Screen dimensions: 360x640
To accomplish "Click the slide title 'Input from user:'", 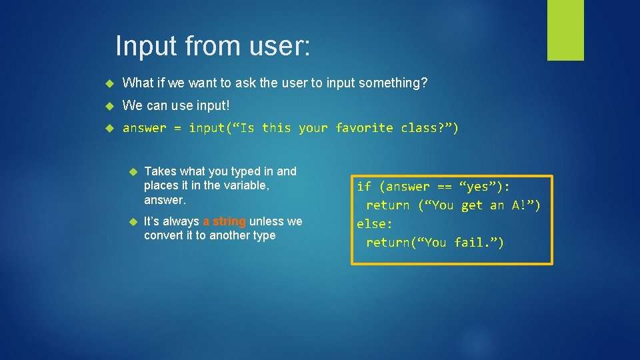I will pyautogui.click(x=213, y=46).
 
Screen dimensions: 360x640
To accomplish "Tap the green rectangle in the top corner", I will pyautogui.click(x=565, y=30).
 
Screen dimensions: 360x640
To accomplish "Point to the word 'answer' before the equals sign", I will pyautogui.click(x=144, y=127).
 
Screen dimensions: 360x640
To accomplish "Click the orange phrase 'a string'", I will pyautogui.click(x=224, y=221).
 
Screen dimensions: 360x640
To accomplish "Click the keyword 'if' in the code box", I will pyautogui.click(x=364, y=186).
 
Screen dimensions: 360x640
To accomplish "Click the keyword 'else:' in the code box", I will pyautogui.click(x=375, y=224).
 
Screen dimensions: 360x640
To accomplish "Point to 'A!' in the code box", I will pyautogui.click(x=519, y=205).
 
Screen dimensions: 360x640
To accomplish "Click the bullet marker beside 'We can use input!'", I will pyautogui.click(x=111, y=105).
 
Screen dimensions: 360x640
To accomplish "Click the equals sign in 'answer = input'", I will pyautogui.click(x=177, y=127).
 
